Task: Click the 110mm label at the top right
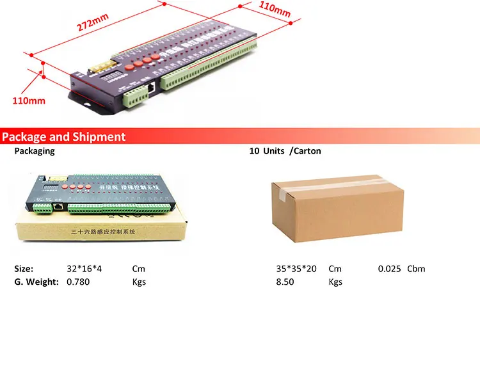[275, 9]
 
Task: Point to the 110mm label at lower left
[29, 100]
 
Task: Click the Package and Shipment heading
[63, 136]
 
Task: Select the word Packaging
[35, 151]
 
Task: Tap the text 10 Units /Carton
[285, 151]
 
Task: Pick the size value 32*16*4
[84, 269]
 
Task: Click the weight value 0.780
[79, 282]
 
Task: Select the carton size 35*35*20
[296, 269]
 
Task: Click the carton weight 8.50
[285, 282]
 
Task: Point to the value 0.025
[389, 269]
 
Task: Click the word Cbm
[416, 269]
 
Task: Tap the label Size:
[24, 269]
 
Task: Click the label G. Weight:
[36, 282]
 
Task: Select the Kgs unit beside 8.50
[335, 282]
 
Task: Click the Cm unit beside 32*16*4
[139, 269]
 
